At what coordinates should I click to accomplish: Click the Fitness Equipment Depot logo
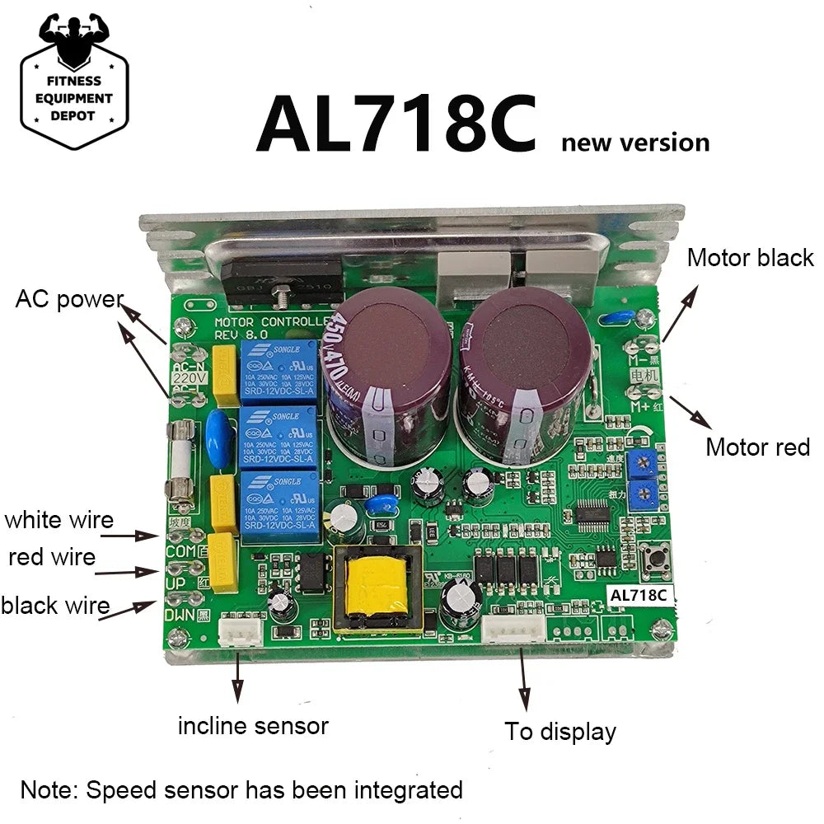[74, 81]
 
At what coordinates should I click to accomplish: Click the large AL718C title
[396, 124]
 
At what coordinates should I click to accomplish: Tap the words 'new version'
[634, 143]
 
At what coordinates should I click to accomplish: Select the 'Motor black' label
[750, 258]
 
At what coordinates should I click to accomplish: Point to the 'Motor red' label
[758, 447]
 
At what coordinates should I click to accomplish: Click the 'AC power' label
[69, 299]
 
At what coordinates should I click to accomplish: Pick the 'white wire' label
[59, 520]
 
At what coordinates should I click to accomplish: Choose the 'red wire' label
[52, 558]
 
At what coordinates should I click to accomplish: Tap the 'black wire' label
[55, 606]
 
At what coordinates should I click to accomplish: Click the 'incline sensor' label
[253, 726]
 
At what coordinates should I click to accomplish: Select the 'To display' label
[560, 731]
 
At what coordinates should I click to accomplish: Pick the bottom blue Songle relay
[278, 504]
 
